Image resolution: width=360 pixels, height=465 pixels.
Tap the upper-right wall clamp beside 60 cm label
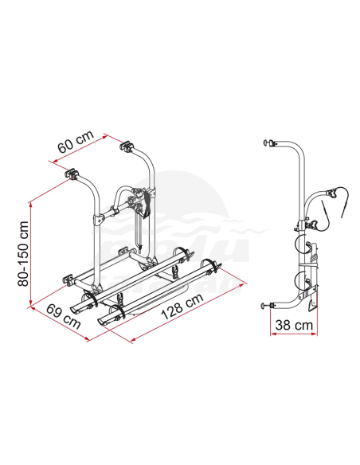(x=127, y=148)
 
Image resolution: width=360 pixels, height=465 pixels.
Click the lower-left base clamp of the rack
(x=69, y=279)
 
